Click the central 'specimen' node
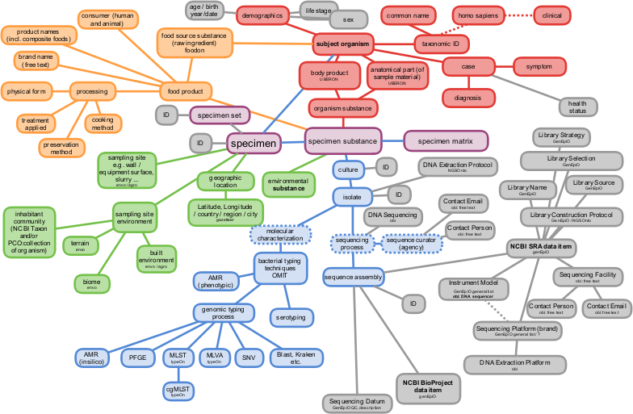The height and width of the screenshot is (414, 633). (254, 144)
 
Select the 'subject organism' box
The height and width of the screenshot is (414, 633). (342, 43)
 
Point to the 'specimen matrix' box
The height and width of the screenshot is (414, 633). (446, 141)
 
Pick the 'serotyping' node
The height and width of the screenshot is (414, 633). (291, 318)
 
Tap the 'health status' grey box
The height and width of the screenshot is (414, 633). (577, 107)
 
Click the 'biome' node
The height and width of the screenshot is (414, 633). (92, 283)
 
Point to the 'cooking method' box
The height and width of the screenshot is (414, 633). (103, 123)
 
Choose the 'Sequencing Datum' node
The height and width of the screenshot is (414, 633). (357, 403)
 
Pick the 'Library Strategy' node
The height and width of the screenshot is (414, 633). (561, 137)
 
